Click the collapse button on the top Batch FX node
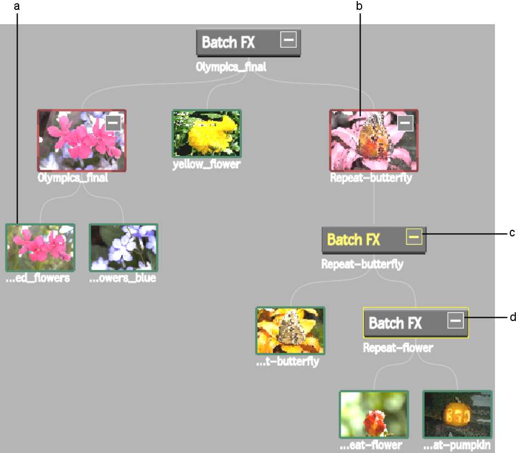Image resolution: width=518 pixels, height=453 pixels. pos(288,40)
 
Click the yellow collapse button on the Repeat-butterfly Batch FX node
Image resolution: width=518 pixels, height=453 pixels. pos(414,236)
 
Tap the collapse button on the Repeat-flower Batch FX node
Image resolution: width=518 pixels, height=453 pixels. pos(455,321)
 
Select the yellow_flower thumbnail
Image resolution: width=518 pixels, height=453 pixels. pos(207,134)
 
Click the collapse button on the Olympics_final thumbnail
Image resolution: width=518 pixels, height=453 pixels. pos(113,123)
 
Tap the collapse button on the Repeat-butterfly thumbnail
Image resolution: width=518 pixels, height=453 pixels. pos(405,123)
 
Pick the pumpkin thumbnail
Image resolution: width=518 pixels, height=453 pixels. pos(458,415)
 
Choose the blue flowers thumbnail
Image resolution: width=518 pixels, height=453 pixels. pos(123,247)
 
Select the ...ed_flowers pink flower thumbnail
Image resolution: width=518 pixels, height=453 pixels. pos(40,247)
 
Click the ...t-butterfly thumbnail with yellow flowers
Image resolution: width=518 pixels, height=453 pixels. pos(290,331)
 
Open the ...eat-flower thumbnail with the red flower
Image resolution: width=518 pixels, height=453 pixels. pos(374,415)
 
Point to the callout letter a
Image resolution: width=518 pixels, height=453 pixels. pos(17,6)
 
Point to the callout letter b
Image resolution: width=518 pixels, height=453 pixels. pos(359,5)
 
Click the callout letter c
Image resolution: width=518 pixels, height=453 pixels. pos(512,233)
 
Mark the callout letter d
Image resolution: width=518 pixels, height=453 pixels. pos(513,317)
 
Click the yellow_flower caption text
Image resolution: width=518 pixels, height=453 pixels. pos(206,164)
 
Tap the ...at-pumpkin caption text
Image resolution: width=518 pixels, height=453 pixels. pos(457,445)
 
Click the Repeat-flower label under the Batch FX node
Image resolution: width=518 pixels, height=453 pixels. pos(398,348)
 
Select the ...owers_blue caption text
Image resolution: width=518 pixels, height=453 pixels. pos(122,278)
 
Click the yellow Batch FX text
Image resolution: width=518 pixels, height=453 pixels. pos(353,240)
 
